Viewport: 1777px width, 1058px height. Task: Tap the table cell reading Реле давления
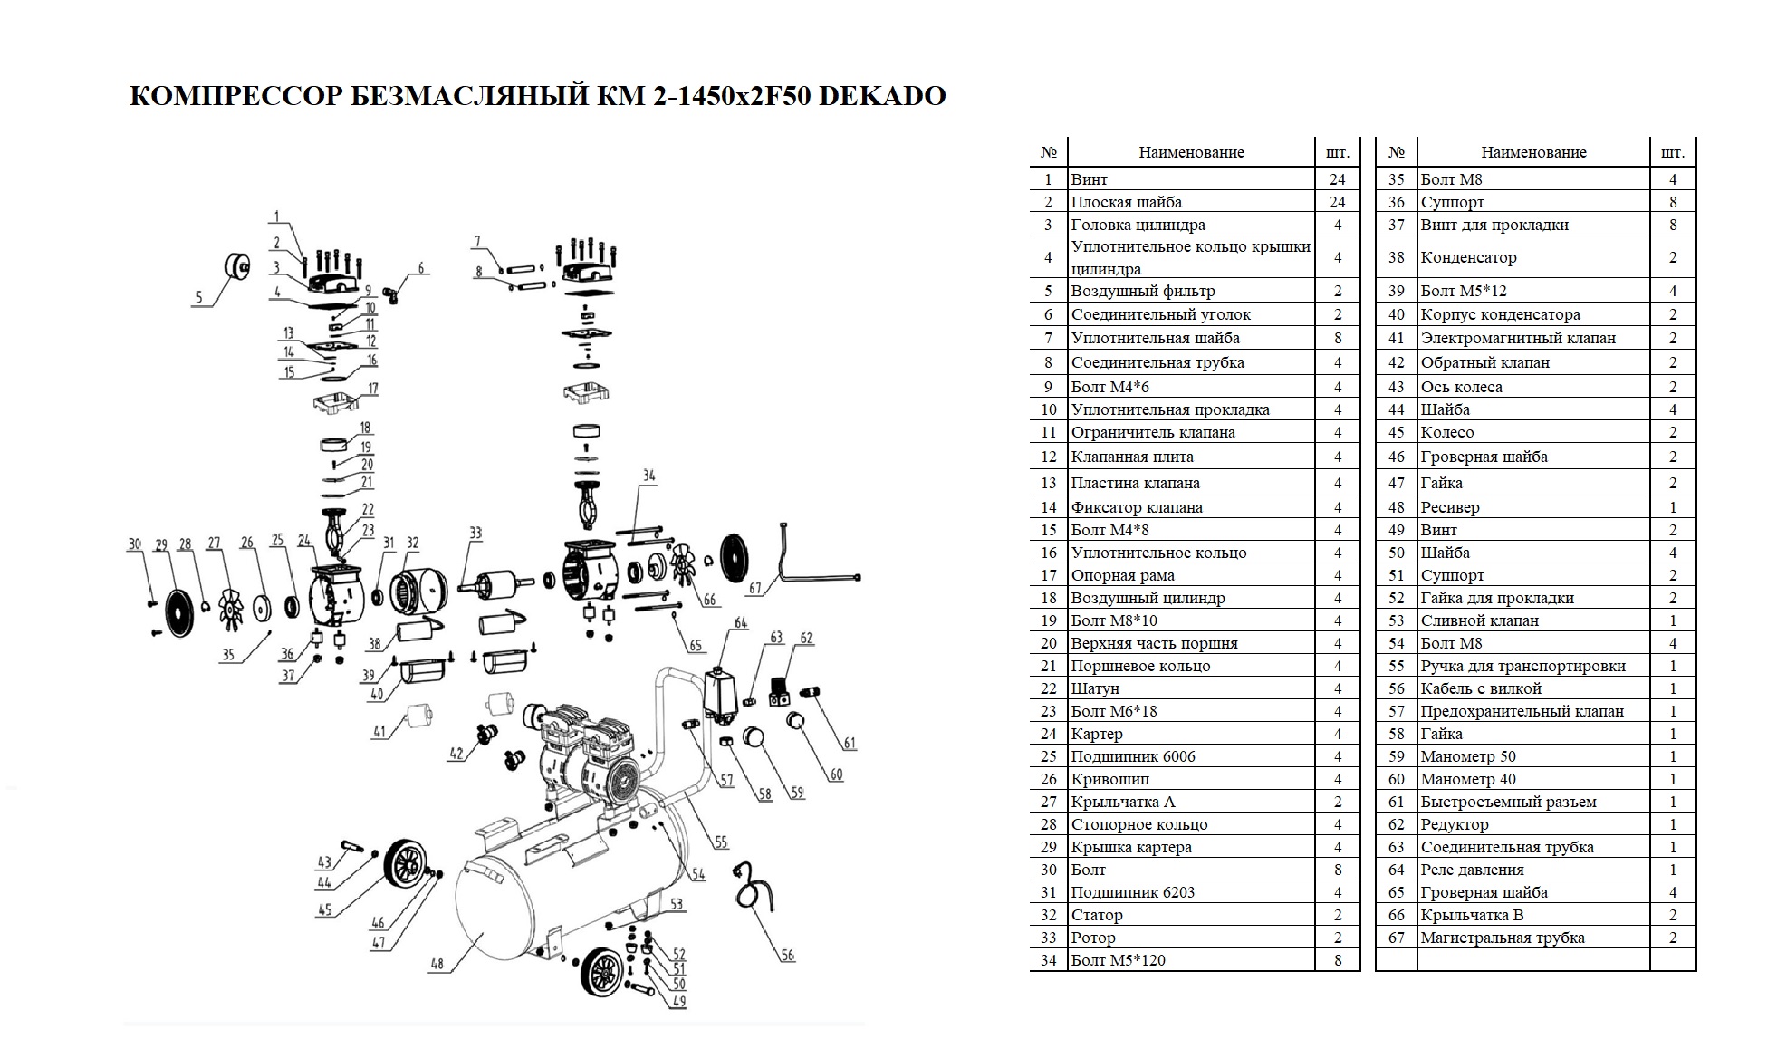(1472, 870)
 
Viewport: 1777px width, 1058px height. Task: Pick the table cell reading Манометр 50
(1468, 756)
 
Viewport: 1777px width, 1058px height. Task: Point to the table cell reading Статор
(1097, 915)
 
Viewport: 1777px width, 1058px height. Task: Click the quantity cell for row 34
(1338, 960)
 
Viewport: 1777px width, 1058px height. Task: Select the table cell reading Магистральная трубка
(1503, 938)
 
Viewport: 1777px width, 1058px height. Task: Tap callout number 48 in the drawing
(437, 964)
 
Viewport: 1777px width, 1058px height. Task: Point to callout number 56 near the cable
(788, 956)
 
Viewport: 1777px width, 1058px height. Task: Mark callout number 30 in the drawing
(134, 544)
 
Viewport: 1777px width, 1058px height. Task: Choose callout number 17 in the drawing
(372, 389)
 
